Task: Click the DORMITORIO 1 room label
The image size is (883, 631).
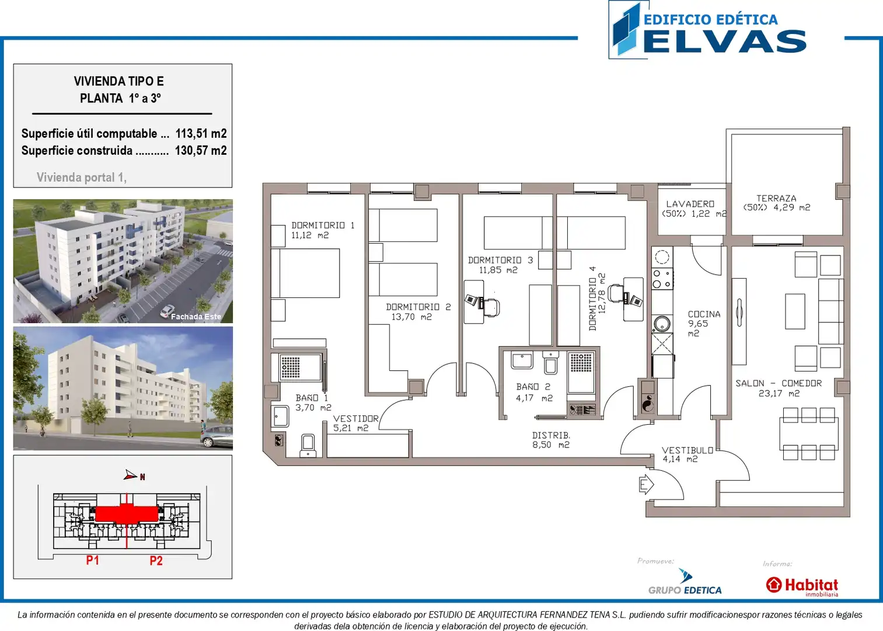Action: [x=323, y=226]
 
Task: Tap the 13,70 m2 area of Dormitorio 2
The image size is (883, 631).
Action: [x=411, y=317]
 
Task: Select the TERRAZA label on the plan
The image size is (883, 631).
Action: [x=776, y=199]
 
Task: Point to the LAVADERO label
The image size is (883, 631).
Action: [x=690, y=204]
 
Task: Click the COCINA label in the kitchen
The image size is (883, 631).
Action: [x=704, y=314]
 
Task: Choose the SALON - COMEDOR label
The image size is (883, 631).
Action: [x=779, y=383]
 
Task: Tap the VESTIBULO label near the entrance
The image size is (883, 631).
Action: [x=687, y=450]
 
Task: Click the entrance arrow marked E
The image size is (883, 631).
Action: [x=646, y=484]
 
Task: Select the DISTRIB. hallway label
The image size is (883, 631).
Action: [x=551, y=435]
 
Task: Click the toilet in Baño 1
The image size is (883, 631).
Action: [x=308, y=446]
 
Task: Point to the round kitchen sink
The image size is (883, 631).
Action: [x=662, y=324]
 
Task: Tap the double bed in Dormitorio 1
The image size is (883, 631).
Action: [x=305, y=273]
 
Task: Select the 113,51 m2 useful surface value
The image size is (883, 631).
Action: [x=201, y=134]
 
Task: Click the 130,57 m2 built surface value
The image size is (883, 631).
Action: [x=201, y=151]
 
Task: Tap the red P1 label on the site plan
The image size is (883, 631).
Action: [x=92, y=560]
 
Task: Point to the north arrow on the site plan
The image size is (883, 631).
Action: [x=131, y=475]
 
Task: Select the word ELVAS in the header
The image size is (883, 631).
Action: [x=724, y=41]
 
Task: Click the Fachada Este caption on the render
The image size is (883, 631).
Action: [x=196, y=317]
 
